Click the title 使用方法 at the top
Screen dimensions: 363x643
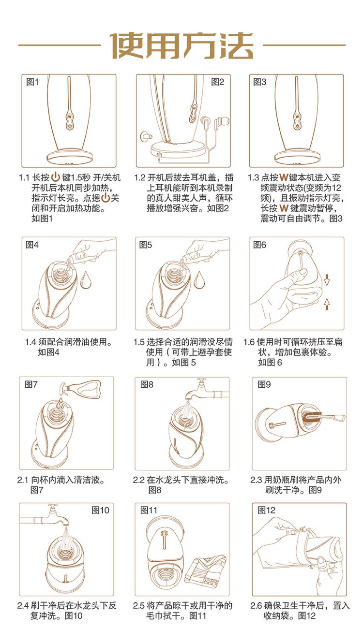click(182, 45)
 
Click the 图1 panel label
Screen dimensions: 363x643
click(32, 82)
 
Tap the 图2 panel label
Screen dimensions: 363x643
click(217, 82)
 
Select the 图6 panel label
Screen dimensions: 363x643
click(259, 245)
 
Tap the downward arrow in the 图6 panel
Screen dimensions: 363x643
click(327, 280)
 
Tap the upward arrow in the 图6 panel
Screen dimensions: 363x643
click(327, 304)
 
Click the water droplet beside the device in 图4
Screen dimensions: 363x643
click(86, 279)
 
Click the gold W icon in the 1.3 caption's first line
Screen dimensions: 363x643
click(284, 177)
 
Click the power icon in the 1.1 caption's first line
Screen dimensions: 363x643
click(55, 177)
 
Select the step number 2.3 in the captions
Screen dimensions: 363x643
click(256, 480)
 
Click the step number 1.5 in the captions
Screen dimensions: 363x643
click(138, 342)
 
